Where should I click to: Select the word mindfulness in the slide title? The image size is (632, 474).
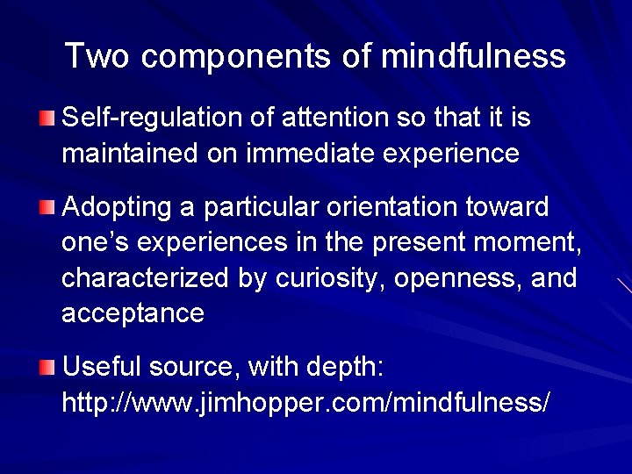tap(473, 57)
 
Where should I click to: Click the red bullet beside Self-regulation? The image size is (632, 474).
tap(47, 118)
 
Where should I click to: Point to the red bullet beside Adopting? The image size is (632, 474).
tap(47, 208)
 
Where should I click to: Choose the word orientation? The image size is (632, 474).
tap(398, 208)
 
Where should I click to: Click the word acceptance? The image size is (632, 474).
tap(133, 313)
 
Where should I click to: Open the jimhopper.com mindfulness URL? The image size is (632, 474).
tap(306, 403)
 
